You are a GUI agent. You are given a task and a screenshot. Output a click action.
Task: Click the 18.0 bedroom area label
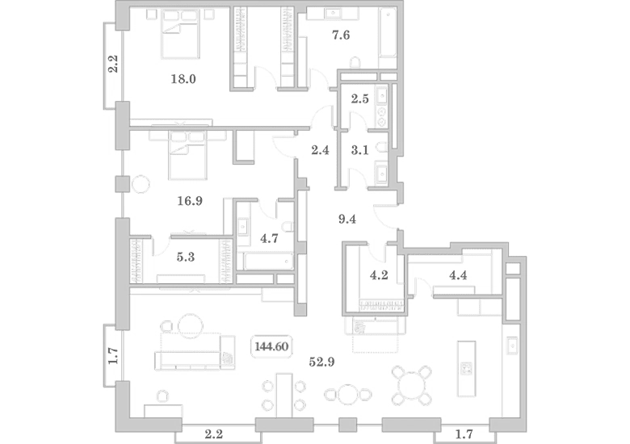point(183,79)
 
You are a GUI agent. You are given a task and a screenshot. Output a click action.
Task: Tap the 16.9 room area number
point(190,201)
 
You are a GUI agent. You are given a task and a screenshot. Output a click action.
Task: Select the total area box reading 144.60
point(271,346)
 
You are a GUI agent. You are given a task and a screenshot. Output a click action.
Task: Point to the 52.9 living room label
point(321,362)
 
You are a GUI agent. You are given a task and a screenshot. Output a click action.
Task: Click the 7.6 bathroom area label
point(341,36)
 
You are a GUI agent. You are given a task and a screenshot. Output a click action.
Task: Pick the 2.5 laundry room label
point(359,98)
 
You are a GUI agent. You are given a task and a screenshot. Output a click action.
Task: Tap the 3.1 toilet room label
point(359,150)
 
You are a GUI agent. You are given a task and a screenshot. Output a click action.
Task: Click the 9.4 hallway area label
point(346,220)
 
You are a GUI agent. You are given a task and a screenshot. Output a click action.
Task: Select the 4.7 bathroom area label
point(269,238)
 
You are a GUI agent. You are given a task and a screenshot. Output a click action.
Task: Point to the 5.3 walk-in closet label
point(186,257)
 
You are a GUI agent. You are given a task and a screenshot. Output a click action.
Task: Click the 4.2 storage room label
point(379,275)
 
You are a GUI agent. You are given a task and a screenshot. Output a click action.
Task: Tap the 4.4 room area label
point(458,275)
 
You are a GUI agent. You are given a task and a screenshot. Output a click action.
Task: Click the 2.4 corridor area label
point(320,150)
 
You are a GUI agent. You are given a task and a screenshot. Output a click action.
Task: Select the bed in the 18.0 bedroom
point(180,35)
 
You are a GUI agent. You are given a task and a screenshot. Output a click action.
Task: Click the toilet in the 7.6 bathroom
point(355,63)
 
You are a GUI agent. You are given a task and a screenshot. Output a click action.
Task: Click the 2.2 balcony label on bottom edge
point(214,434)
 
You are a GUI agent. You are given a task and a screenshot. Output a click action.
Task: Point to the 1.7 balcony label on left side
point(114,356)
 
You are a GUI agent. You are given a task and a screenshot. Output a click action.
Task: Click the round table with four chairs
point(412,385)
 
